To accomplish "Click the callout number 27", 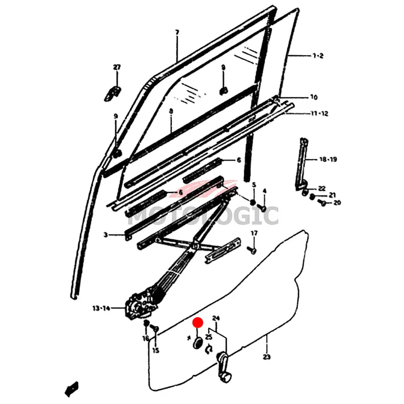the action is [x=117, y=67].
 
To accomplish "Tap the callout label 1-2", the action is [x=318, y=56].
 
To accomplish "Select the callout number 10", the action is [x=314, y=97].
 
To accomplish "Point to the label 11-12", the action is [x=320, y=113].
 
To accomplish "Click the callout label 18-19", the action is [x=328, y=159].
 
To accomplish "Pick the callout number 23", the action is [x=267, y=357].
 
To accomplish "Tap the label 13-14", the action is [x=102, y=308].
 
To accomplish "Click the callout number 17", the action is [x=254, y=233].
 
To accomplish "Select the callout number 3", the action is [x=106, y=235].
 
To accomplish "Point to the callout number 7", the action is [x=177, y=32].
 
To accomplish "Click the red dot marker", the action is [x=198, y=322].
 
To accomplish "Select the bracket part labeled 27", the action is [x=113, y=93].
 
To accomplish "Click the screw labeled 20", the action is [x=322, y=203].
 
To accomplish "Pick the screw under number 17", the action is [x=251, y=250].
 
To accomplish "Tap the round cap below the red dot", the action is [x=198, y=343].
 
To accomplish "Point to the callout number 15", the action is [x=156, y=350].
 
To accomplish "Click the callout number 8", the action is [x=171, y=111].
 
